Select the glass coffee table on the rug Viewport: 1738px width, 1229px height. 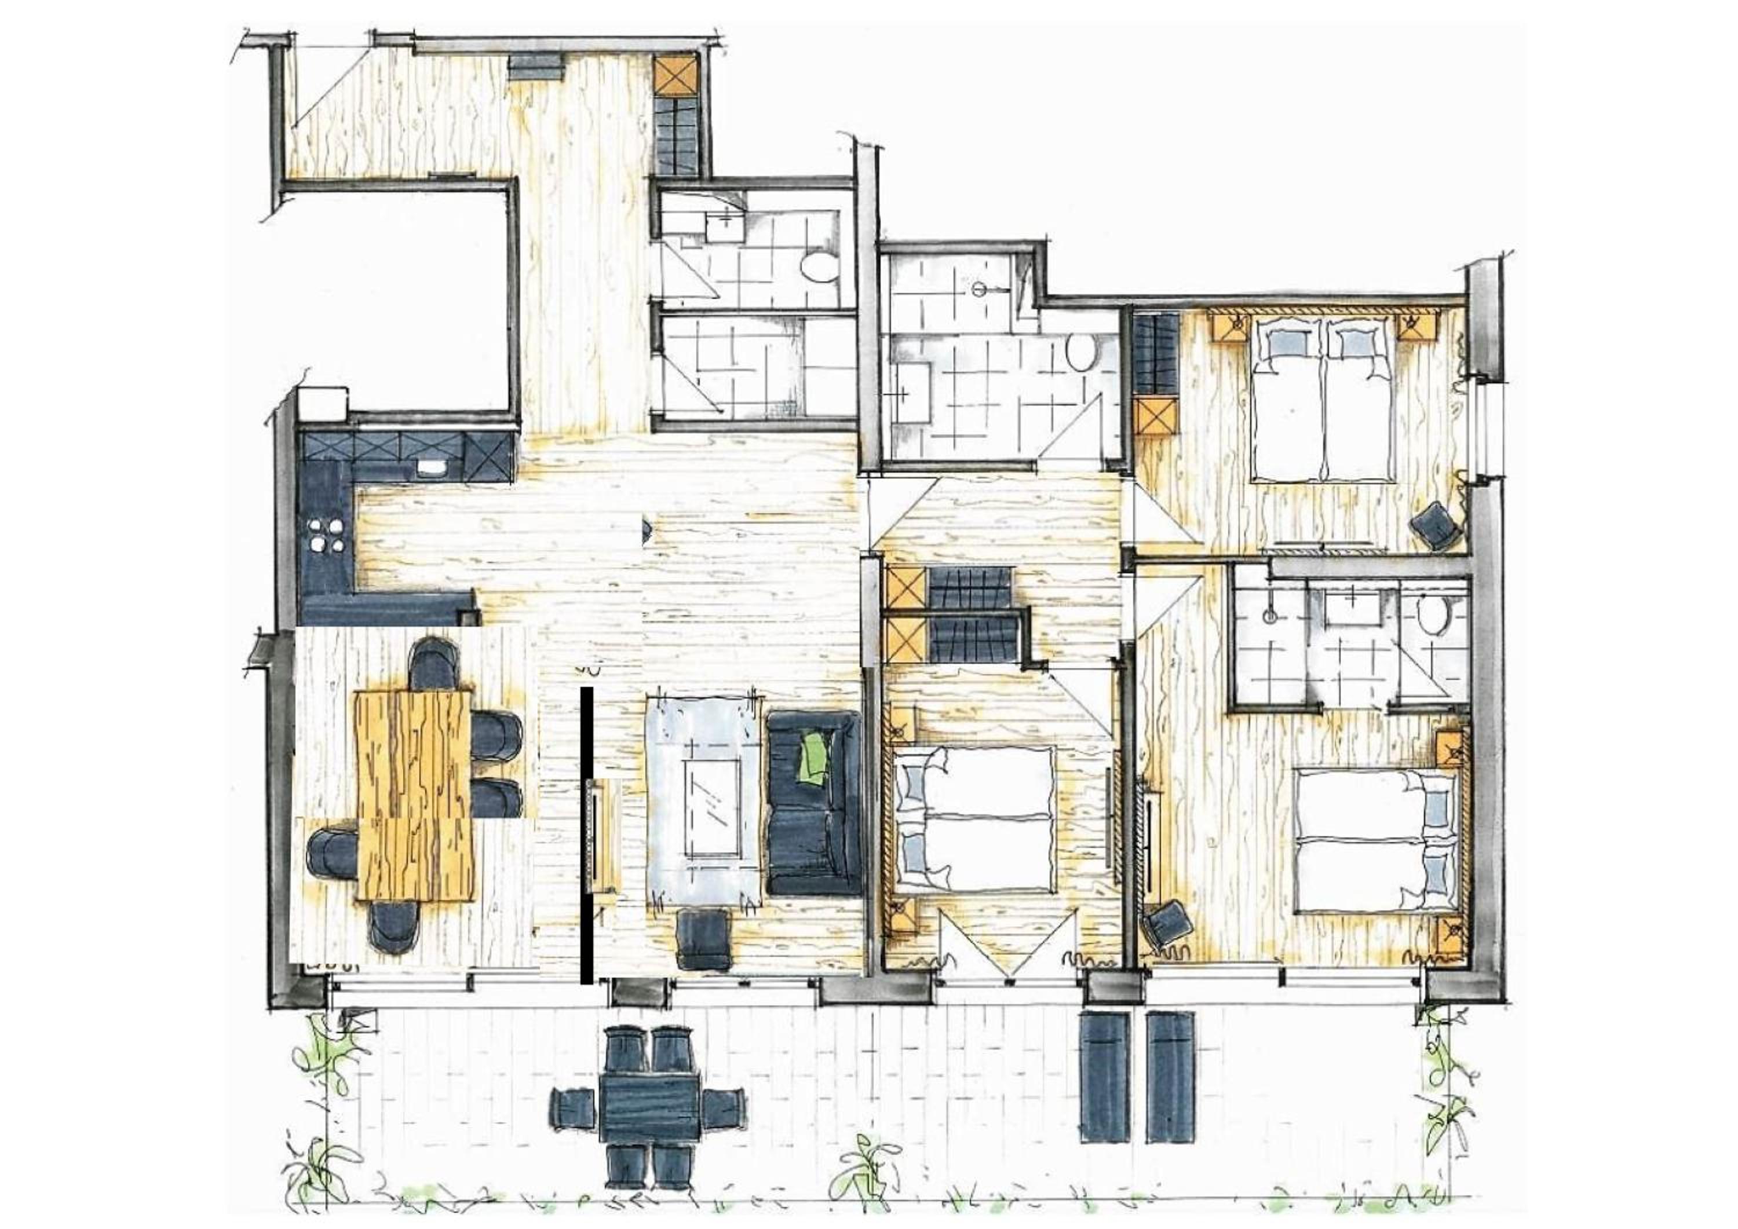[711, 807]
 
